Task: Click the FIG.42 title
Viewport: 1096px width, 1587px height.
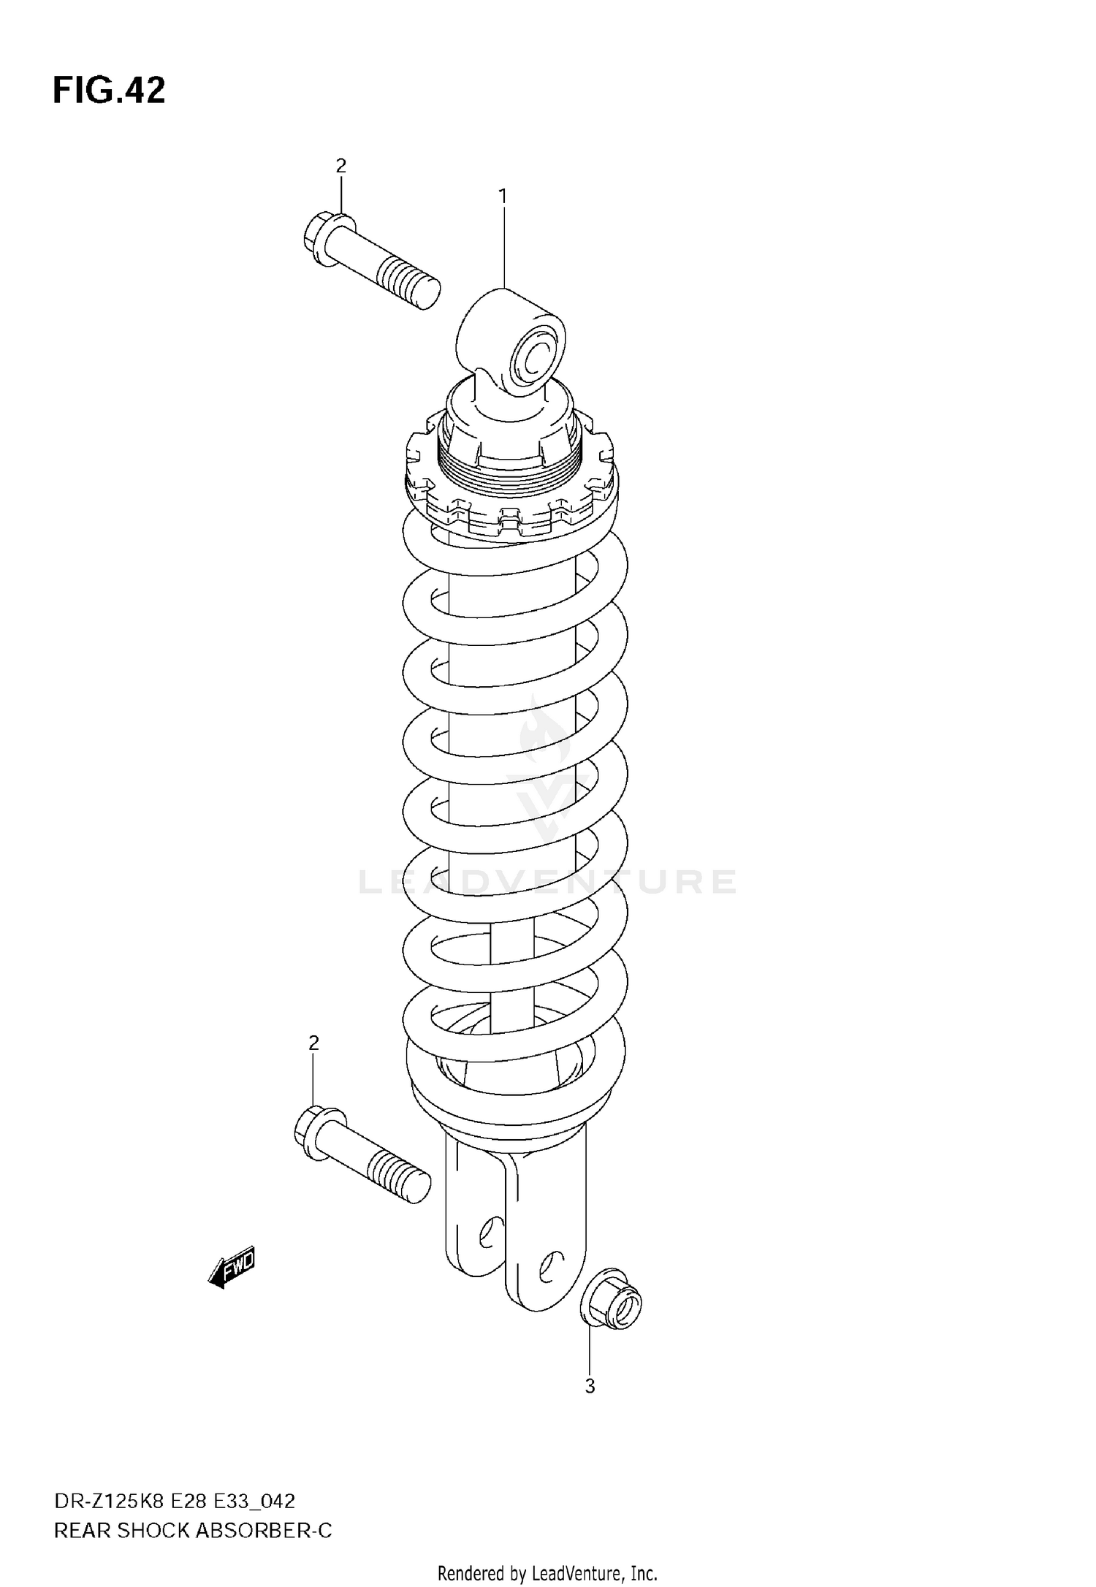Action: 109,91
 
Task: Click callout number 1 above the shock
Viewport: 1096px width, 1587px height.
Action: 503,196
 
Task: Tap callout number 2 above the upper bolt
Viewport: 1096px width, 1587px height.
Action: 340,167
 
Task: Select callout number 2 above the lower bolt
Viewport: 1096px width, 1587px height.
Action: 313,1043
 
